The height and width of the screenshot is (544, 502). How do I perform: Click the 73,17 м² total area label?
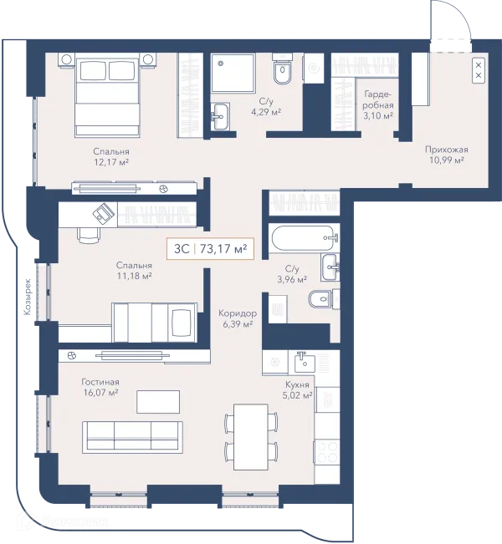pos(223,248)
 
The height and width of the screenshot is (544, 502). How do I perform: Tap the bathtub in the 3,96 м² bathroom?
pos(302,238)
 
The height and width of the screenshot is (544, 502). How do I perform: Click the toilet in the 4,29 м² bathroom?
pos(282,69)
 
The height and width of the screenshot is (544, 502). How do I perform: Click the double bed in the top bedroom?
pos(107,95)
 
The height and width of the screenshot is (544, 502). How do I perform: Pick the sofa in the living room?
pos(132,437)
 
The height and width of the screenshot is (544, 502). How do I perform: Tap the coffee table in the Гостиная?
pos(158,401)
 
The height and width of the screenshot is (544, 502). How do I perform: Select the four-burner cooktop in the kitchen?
pos(327,451)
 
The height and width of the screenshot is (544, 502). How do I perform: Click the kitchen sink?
pos(305,362)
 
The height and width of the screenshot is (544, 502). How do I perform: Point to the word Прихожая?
pos(447,150)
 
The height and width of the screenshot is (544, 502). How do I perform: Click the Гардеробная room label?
pos(378,99)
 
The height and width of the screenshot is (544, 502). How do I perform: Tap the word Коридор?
pos(238,313)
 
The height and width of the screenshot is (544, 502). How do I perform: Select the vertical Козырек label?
pos(28,297)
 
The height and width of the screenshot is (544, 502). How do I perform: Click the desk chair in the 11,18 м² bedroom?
pos(88,235)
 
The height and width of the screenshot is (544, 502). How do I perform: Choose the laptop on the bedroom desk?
pos(103,212)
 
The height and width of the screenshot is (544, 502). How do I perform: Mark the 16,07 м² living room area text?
pos(100,393)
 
